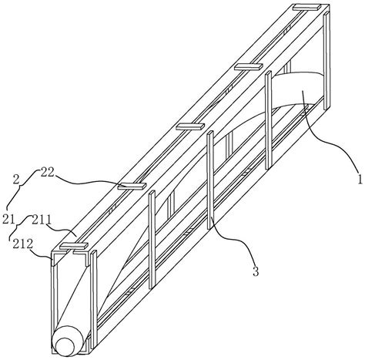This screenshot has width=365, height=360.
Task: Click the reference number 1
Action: click(360, 179)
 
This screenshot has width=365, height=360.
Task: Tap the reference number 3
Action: click(256, 271)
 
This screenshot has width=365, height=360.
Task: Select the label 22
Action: click(47, 173)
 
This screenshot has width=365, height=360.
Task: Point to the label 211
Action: click(42, 220)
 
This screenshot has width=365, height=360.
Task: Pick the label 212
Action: click(23, 244)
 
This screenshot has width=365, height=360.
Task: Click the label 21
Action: click(8, 220)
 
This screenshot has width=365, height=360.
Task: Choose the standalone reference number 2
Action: click(16, 179)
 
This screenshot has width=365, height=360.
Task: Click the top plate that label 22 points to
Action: click(132, 186)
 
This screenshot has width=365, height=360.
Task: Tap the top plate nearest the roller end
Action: click(74, 246)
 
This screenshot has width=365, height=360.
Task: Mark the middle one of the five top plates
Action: click(190, 126)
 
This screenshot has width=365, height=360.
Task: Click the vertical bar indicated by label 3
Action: click(210, 180)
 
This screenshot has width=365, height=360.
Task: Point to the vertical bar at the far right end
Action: click(326, 60)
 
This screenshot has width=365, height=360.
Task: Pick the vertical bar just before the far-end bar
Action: click(269, 120)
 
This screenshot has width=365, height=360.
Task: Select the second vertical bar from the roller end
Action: click(152, 240)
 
